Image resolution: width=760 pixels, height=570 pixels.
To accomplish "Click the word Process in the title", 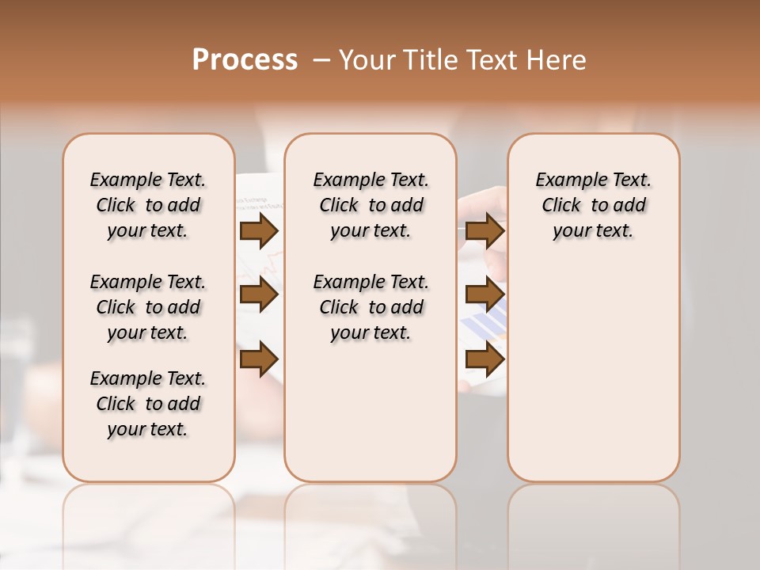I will pyautogui.click(x=245, y=60).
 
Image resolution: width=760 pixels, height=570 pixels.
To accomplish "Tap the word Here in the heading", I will pyautogui.click(x=558, y=60).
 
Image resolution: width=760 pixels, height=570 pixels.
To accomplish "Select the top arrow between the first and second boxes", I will pyautogui.click(x=259, y=230).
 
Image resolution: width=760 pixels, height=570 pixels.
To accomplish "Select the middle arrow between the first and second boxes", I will pyautogui.click(x=259, y=295).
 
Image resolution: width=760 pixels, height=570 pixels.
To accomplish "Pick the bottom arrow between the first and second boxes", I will pyautogui.click(x=259, y=359).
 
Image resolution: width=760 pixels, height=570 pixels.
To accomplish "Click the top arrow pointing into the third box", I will pyautogui.click(x=484, y=230).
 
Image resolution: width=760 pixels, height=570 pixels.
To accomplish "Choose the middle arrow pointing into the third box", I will pyautogui.click(x=484, y=295).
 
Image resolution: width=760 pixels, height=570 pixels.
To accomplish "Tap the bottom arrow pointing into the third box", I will pyautogui.click(x=484, y=359).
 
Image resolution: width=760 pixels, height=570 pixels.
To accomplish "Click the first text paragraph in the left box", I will pyautogui.click(x=148, y=205).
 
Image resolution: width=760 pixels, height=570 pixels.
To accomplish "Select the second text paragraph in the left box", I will pyautogui.click(x=148, y=307).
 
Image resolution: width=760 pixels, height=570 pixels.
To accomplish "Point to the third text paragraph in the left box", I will pyautogui.click(x=148, y=404).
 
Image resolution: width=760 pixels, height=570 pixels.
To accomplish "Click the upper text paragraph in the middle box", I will pyautogui.click(x=371, y=205).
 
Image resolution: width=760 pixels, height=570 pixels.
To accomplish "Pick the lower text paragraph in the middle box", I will pyautogui.click(x=371, y=307).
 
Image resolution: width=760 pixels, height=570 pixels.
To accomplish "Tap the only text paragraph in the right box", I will pyautogui.click(x=594, y=205).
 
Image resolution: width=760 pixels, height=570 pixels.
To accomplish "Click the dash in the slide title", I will pyautogui.click(x=321, y=60).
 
